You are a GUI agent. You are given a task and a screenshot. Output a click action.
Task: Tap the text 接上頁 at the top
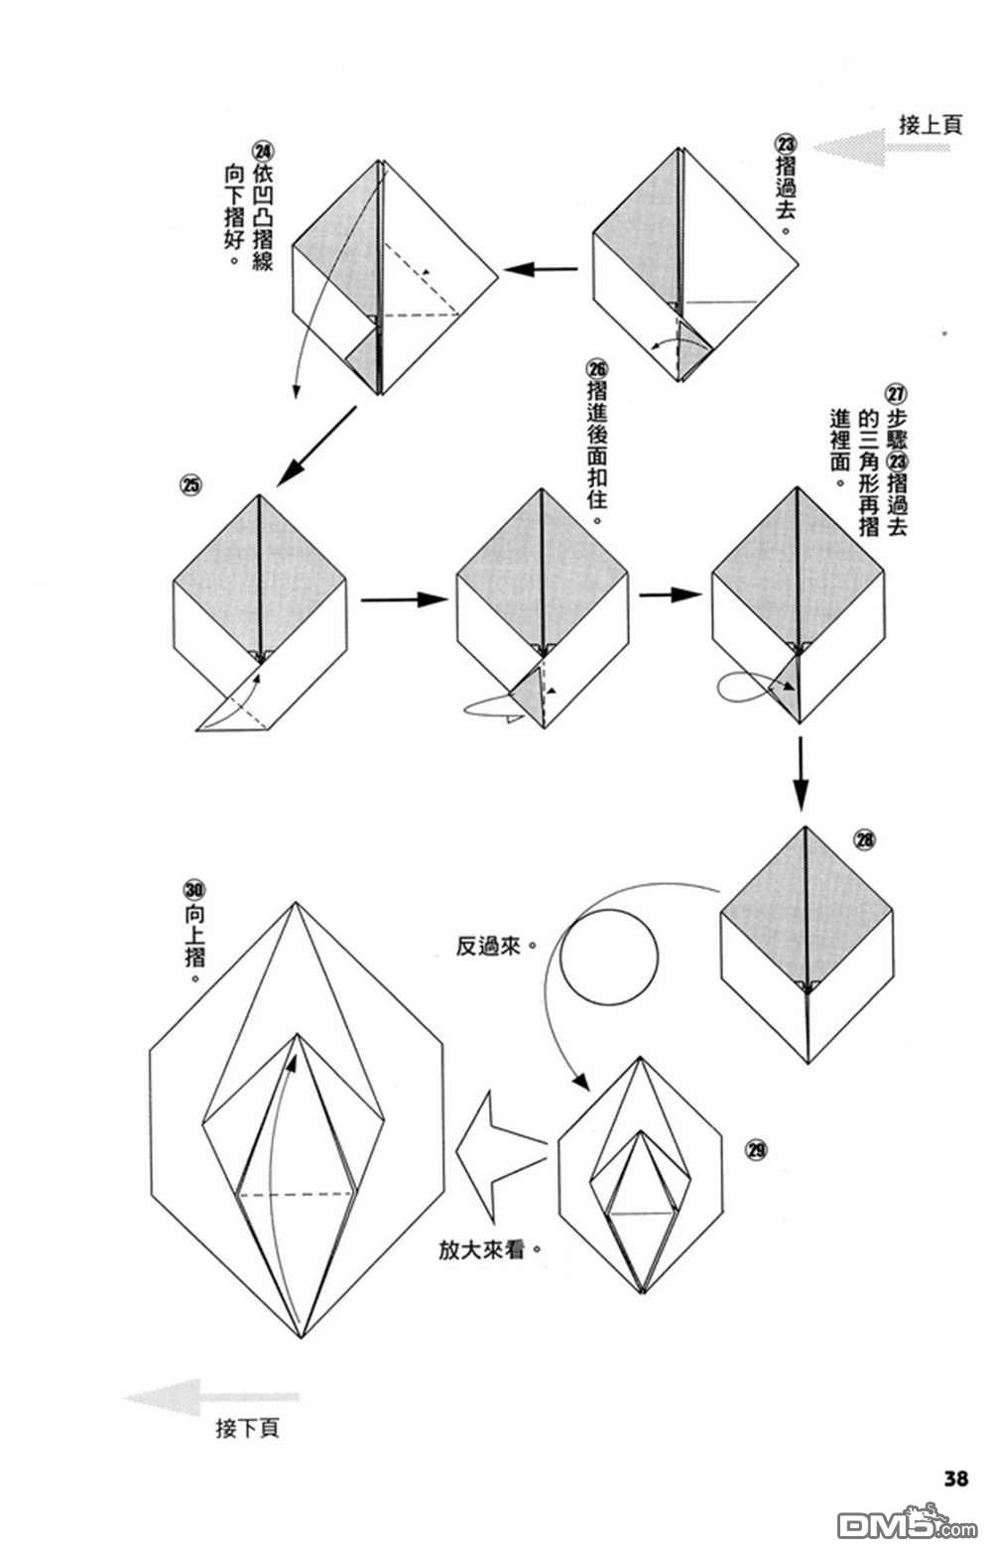coord(930,125)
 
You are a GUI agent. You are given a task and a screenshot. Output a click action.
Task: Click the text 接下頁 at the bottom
coord(247,1429)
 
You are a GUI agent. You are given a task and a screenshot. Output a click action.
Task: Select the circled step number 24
coord(263,151)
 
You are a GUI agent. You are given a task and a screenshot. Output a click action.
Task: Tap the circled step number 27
coord(896,392)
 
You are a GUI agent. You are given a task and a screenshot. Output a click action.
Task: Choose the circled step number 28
coord(865,841)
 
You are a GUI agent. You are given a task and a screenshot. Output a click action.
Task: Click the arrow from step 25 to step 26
coord(401,599)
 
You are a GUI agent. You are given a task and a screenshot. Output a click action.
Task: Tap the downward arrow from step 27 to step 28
coord(802,773)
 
